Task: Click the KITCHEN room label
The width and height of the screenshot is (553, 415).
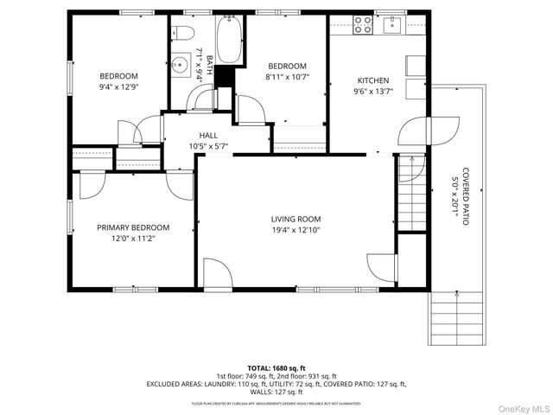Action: click(x=372, y=80)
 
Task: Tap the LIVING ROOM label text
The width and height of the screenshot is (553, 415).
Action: click(x=296, y=220)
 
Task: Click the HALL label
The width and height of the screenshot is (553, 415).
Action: click(x=208, y=136)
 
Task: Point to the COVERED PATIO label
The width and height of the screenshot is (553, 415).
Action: click(x=466, y=196)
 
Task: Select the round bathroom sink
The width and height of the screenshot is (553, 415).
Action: click(x=181, y=65)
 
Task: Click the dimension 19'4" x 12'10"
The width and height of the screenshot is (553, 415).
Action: click(x=296, y=231)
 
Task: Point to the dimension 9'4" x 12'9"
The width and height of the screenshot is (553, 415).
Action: click(x=118, y=86)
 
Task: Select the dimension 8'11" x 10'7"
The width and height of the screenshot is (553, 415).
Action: click(x=286, y=78)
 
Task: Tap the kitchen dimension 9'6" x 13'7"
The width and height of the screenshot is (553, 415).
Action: click(x=372, y=92)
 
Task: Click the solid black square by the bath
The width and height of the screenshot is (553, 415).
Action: click(x=224, y=75)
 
